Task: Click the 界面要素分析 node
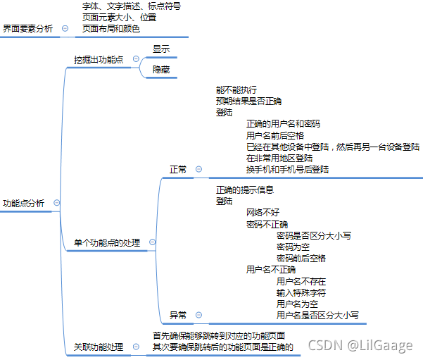[x=27, y=28]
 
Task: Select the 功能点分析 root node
[x=24, y=203]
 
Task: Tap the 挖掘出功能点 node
[x=98, y=60]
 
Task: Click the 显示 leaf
[x=161, y=49]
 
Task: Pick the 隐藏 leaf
[x=161, y=69]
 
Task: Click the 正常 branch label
[x=178, y=169]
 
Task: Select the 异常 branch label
[x=178, y=314]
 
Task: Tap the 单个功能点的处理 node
[x=107, y=243]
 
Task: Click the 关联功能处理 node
[x=98, y=347]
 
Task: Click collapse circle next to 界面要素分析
[x=65, y=28]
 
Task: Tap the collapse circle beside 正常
[x=198, y=169]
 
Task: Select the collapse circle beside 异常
[x=198, y=314]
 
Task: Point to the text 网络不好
[x=263, y=212]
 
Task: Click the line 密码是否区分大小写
[x=314, y=235]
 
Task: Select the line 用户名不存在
[x=301, y=280]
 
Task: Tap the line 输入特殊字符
[x=301, y=292]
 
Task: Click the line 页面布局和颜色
[x=111, y=29]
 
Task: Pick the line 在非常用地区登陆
[x=279, y=158]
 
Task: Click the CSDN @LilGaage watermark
[x=360, y=345]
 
